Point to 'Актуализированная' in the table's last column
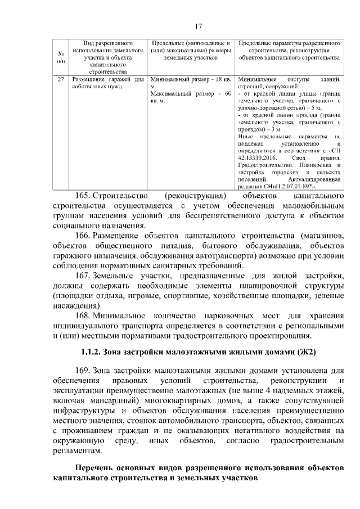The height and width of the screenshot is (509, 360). (317, 179)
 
